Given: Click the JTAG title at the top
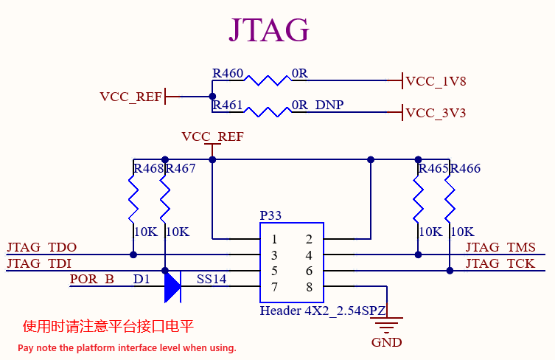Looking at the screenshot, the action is (x=269, y=30).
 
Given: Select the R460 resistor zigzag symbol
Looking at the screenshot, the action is (x=268, y=80).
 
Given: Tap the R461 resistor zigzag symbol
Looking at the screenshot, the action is (x=268, y=112).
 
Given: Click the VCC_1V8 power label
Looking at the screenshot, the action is (x=436, y=81).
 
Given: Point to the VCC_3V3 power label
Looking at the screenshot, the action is (x=436, y=113).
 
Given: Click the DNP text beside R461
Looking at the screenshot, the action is (x=329, y=105).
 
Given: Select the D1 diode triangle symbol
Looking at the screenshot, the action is (x=172, y=287).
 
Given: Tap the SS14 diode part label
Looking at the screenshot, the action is (x=212, y=279).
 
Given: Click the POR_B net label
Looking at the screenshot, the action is (x=92, y=279).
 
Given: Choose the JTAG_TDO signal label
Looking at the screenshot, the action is (x=42, y=247).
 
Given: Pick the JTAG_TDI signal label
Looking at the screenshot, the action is (x=39, y=263).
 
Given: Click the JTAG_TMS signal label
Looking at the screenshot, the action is (x=500, y=247).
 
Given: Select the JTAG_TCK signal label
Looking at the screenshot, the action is (x=500, y=263).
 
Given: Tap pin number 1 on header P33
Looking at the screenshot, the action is (x=274, y=239).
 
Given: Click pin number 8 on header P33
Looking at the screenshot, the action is (x=310, y=287).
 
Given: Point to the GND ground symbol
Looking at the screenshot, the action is (x=386, y=325).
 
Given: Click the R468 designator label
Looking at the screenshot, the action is (x=149, y=168).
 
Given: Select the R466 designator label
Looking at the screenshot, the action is (x=465, y=168).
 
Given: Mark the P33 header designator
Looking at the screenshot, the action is (x=270, y=215).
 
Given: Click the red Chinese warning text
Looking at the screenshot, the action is (x=108, y=326).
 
